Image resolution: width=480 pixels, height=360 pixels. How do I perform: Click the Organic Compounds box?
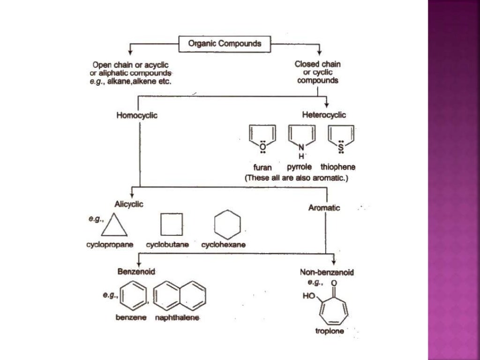pos(225,44)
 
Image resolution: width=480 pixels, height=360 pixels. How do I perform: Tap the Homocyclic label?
pos(136,115)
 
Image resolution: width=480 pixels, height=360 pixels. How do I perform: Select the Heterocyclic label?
pos(324,115)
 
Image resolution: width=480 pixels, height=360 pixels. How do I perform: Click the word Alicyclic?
pos(129,203)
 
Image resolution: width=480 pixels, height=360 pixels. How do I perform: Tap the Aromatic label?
pos(324,208)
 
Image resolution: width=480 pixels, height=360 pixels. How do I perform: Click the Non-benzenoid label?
pos(327,272)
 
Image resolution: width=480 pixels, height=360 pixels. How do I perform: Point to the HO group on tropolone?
pos(309,296)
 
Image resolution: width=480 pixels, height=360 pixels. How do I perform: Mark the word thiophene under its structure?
pos(338,167)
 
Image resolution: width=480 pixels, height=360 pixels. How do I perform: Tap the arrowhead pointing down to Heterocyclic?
pos(326,105)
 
